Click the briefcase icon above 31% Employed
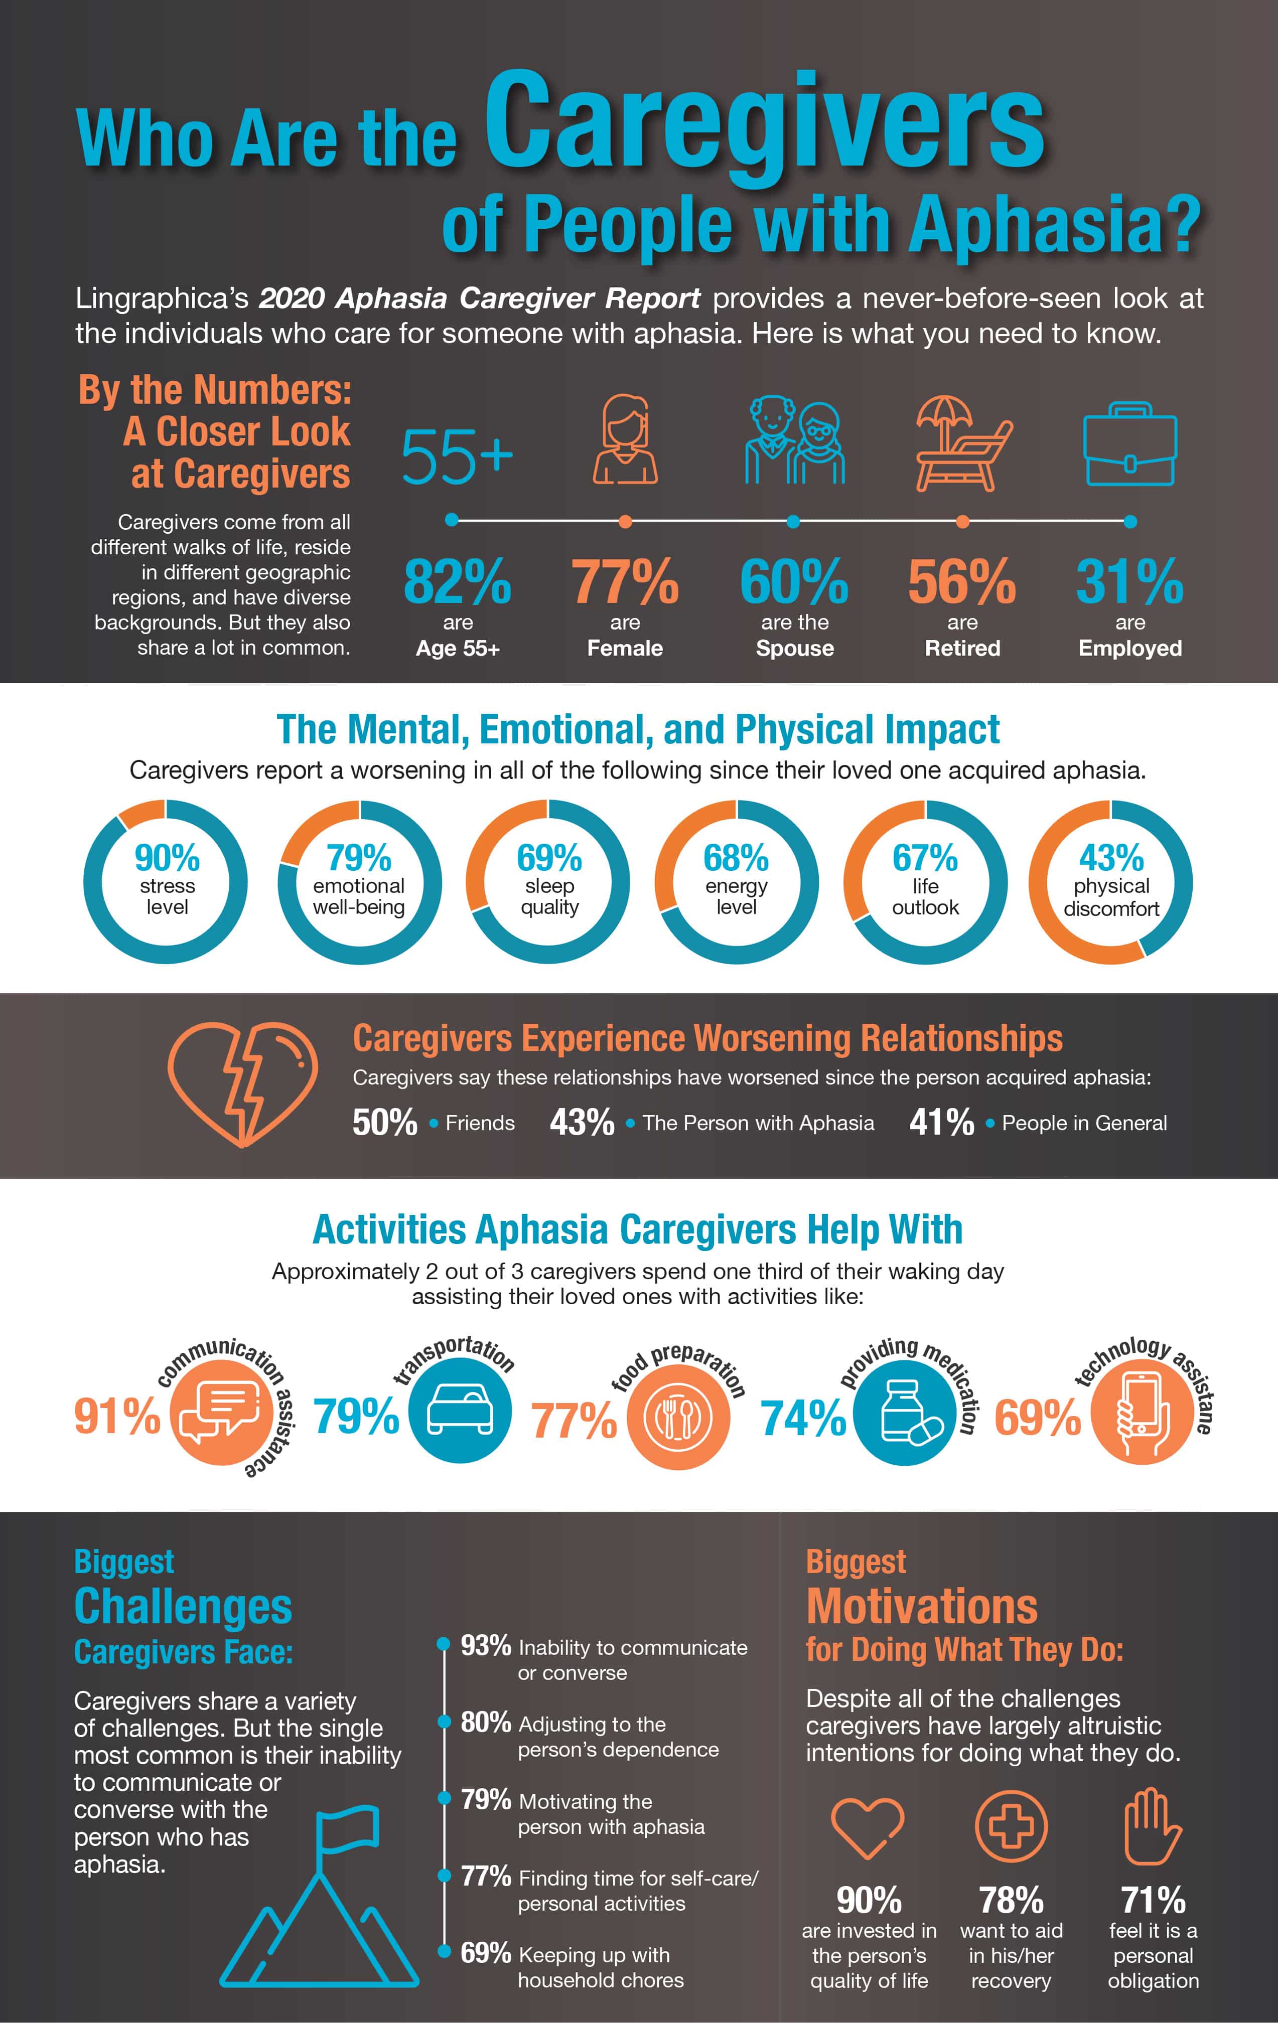pyautogui.click(x=1129, y=445)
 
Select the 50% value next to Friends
pyautogui.click(x=385, y=1123)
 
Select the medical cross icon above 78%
pyautogui.click(x=1011, y=1827)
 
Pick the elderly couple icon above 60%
pyautogui.click(x=794, y=441)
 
